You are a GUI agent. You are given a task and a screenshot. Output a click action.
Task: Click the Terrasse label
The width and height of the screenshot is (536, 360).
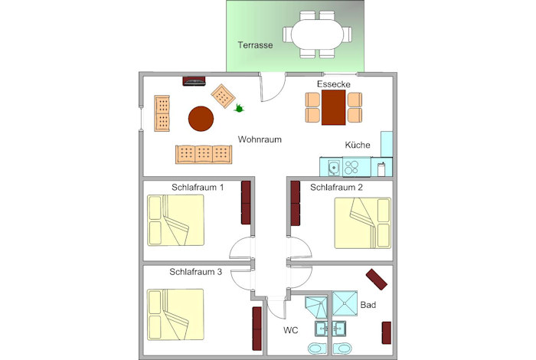pos(255,45)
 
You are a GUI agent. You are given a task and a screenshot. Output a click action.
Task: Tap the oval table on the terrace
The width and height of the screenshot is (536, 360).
pos(317,34)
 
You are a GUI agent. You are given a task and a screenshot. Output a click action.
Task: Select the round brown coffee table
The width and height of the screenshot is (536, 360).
pos(201,119)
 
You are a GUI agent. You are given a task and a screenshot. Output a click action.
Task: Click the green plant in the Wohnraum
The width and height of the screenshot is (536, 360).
pos(239,108)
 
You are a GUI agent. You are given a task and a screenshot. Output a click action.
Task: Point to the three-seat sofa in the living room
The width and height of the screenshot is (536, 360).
pos(204,154)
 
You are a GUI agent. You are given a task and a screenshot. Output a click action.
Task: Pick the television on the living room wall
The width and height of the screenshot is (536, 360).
pos(194,81)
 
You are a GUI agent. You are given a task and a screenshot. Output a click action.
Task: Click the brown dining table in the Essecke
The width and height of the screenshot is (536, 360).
pos(334,107)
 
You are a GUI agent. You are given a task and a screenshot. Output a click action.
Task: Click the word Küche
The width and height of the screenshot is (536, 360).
pos(358,145)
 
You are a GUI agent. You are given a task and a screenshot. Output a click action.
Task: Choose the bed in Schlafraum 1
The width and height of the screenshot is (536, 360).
pos(175,220)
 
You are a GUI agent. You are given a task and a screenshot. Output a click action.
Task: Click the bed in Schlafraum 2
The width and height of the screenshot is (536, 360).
pos(363,223)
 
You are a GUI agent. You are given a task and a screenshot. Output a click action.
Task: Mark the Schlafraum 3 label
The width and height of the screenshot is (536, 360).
pos(195,272)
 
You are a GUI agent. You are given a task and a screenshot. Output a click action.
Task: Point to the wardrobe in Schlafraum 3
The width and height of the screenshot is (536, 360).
pos(257,328)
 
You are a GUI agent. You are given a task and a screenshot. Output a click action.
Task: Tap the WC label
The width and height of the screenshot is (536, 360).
pos(290,330)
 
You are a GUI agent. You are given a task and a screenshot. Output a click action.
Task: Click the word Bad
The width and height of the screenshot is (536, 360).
pos(368,305)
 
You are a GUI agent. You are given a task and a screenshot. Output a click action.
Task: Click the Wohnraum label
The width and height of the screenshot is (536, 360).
pos(260,139)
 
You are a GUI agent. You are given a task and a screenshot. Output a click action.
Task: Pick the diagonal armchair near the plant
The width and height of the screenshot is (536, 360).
pos(223,96)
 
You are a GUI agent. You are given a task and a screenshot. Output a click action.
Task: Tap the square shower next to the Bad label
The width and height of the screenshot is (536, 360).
pos(345,303)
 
